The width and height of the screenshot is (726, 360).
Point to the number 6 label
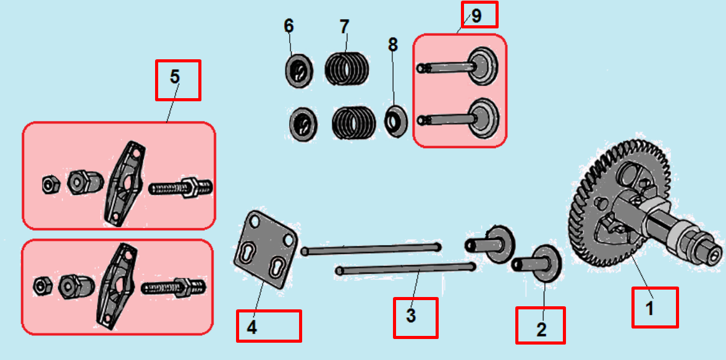289,27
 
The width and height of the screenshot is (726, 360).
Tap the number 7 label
344,27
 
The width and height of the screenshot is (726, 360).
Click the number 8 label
393,44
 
